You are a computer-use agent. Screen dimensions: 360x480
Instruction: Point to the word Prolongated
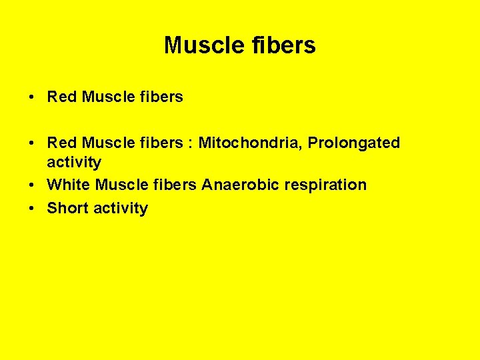coord(353,143)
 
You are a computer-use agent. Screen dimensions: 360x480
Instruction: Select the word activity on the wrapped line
coord(74,162)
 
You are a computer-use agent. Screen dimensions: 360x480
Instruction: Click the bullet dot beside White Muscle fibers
coord(32,185)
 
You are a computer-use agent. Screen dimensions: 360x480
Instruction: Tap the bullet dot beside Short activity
coord(32,209)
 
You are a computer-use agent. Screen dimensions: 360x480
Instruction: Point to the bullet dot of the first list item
coord(32,97)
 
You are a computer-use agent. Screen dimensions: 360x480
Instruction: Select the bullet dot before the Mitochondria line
coord(32,143)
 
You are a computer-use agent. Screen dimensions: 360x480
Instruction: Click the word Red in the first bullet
coord(62,97)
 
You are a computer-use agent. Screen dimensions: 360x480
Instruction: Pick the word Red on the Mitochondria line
coord(62,143)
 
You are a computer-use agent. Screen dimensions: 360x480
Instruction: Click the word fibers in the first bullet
coord(161,97)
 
